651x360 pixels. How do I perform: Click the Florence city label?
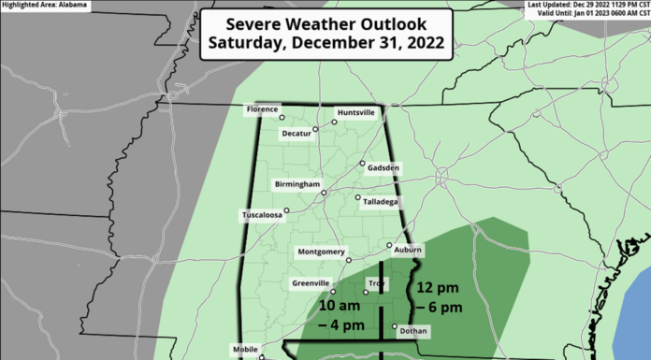click(x=262, y=109)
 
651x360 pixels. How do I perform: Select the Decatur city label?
click(x=297, y=133)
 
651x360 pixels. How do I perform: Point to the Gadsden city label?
click(x=383, y=168)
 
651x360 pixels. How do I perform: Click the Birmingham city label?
click(x=298, y=184)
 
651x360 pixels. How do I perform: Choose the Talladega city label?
click(x=382, y=201)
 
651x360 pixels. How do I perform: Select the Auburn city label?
click(x=408, y=251)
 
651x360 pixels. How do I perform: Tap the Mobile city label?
click(x=245, y=349)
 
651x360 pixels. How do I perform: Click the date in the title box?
click(x=325, y=42)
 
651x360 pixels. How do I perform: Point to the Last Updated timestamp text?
click(x=589, y=5)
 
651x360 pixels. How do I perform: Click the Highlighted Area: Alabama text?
click(x=43, y=5)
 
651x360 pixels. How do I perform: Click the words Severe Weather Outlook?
click(x=325, y=22)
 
